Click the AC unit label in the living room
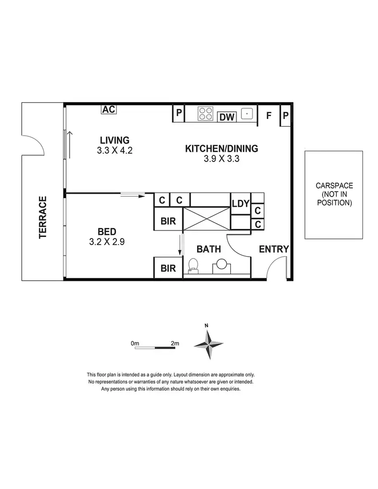[109, 109]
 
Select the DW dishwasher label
[227, 117]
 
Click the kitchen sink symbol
[246, 113]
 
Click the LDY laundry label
[240, 204]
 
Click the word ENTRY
[274, 249]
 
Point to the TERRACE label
[43, 217]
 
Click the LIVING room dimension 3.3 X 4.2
[115, 150]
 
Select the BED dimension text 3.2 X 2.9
[107, 241]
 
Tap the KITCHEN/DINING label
[222, 149]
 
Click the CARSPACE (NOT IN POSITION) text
[333, 194]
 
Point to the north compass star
[209, 344]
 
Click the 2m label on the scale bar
[174, 343]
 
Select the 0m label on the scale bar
[135, 343]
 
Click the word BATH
[208, 249]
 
